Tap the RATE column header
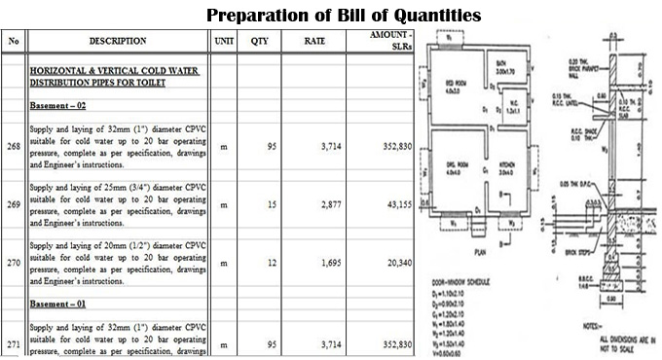[313, 42]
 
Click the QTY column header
[259, 42]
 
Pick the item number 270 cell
[13, 262]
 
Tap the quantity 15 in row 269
[272, 205]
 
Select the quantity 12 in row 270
[272, 262]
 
